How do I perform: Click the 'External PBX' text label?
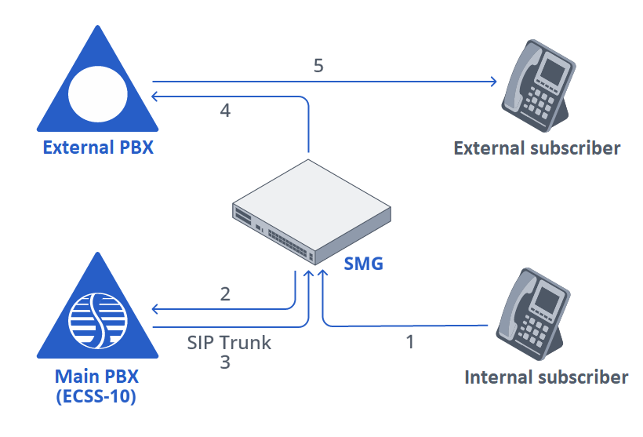pyautogui.click(x=97, y=147)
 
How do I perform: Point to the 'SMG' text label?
pyautogui.click(x=364, y=264)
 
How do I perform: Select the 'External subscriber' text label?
pyautogui.click(x=537, y=147)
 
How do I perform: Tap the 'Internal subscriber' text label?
pyautogui.click(x=546, y=377)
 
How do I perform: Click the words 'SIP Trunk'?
pyautogui.click(x=229, y=343)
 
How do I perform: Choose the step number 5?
pyautogui.click(x=318, y=65)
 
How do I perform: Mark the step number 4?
pyautogui.click(x=225, y=111)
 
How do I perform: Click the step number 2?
pyautogui.click(x=225, y=294)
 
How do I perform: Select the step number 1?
pyautogui.click(x=409, y=343)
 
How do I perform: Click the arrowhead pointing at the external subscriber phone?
pyautogui.click(x=494, y=81)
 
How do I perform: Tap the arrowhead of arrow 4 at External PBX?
pyautogui.click(x=155, y=96)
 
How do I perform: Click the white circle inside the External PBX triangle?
pyautogui.click(x=97, y=93)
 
